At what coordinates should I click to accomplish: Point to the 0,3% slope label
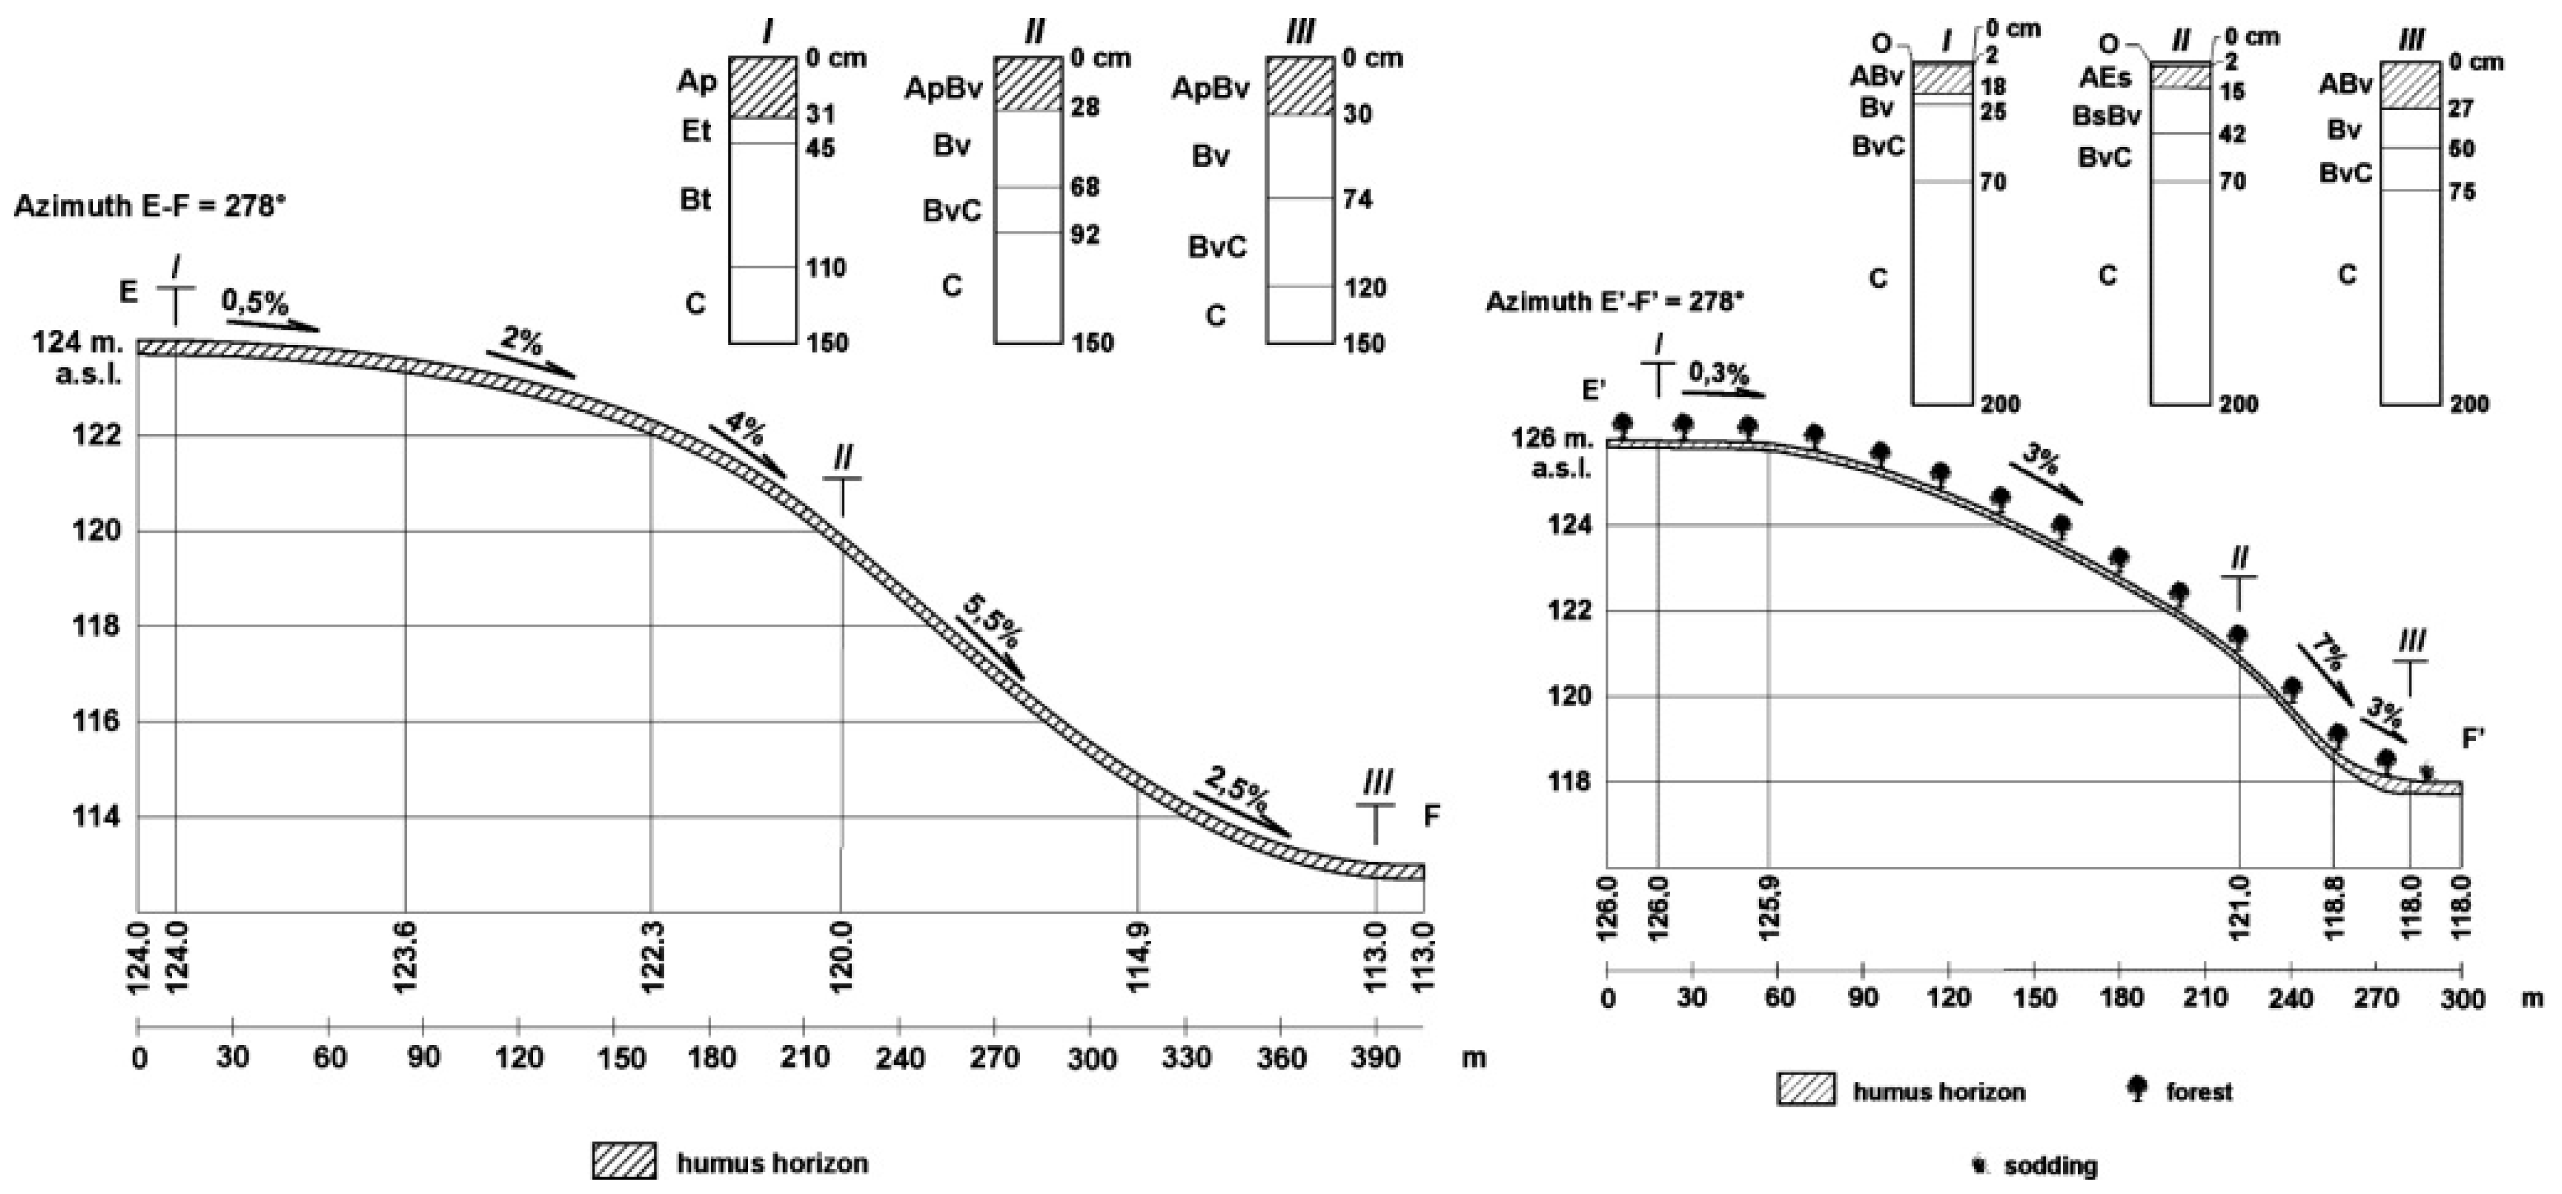click(x=1718, y=374)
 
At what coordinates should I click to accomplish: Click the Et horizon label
click(x=696, y=130)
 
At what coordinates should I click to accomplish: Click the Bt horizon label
click(x=695, y=200)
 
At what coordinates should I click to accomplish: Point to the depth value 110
click(x=826, y=268)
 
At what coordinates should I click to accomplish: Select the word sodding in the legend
click(x=2050, y=1166)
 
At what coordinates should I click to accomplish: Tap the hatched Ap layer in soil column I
click(x=762, y=87)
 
